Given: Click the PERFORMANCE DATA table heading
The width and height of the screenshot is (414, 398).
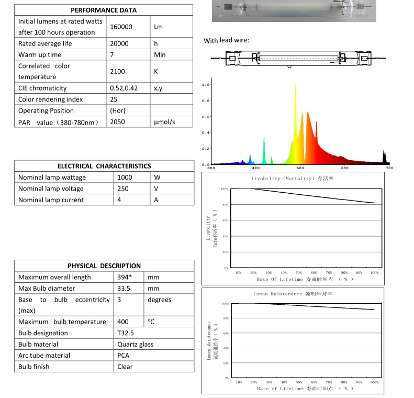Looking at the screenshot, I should coord(104,10).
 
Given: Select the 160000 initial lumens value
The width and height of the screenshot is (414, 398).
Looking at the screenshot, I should coord(121,27).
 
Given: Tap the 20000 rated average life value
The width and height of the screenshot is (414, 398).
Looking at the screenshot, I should coord(119,43).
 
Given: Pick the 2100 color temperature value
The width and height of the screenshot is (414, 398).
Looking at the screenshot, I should coord(117,71).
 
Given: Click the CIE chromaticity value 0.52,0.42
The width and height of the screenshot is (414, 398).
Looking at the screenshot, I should coord(124,88).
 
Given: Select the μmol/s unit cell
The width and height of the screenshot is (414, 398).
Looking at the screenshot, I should coord(164,122).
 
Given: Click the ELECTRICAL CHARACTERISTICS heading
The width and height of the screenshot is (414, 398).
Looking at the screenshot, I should coord(104,166).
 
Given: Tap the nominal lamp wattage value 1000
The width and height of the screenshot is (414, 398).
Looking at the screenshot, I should coord(125,178).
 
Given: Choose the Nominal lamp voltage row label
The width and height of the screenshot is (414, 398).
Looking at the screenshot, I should coord(51,189).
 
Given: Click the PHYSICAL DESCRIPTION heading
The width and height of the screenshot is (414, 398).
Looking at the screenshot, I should coord(104,266).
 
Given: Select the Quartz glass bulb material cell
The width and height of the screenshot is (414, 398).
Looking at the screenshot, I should coord(136,344).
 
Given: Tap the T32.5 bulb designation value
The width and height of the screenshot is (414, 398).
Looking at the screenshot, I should coord(126,333).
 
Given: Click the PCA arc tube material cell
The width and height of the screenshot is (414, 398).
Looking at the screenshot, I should coord(123,356).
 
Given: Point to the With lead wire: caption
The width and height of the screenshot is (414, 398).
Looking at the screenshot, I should coord(227,41).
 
